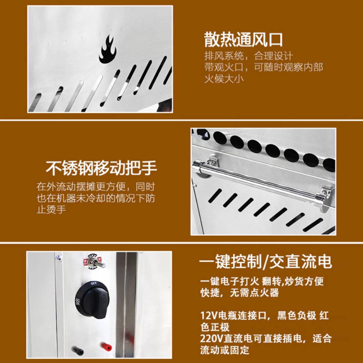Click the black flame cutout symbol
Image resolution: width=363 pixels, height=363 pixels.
coord(108,50)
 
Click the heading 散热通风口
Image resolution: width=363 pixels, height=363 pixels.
coord(243,40)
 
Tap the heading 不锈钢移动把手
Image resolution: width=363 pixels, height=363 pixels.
coord(102,168)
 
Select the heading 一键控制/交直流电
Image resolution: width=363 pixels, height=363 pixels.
coord(265,261)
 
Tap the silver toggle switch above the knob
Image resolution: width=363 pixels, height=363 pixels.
coord(94,262)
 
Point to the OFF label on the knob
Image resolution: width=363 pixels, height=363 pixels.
coord(94,283)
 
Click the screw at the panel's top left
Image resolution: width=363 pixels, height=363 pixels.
coord(58,257)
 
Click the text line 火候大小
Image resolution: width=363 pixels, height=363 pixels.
coord(224,79)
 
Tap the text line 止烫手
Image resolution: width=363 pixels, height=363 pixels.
coord(51,209)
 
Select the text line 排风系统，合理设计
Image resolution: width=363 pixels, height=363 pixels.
coord(248,56)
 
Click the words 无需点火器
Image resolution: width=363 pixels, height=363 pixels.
coord(254,293)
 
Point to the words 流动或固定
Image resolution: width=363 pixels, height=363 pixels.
coord(224,350)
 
